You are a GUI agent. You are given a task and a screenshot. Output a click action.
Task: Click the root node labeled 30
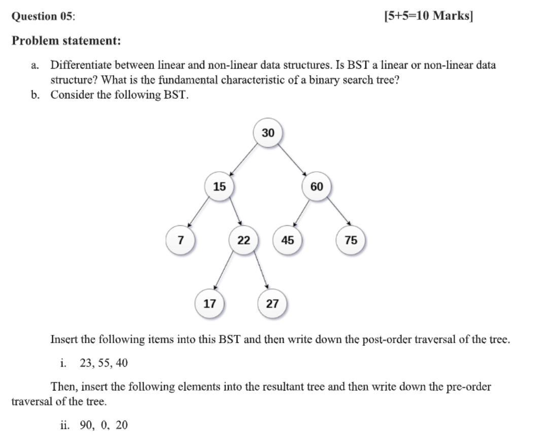tap(268, 133)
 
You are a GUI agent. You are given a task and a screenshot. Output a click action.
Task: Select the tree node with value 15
tap(219, 186)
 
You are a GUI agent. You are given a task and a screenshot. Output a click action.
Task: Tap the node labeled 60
tap(317, 186)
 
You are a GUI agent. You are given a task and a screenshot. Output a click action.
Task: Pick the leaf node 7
tap(180, 240)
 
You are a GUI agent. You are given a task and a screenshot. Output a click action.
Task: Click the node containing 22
tap(244, 240)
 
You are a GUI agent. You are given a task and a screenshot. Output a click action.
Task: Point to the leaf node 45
tap(288, 240)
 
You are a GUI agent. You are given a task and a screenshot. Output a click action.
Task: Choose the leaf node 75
tap(351, 240)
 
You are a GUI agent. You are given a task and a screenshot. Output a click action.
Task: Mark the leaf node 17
tap(210, 304)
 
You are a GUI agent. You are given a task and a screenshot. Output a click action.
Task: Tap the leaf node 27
tap(272, 304)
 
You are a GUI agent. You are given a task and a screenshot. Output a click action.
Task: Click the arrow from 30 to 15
tap(244, 160)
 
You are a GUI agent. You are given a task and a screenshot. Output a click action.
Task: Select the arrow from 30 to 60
tap(293, 160)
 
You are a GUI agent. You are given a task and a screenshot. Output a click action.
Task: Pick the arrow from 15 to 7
tap(198, 211)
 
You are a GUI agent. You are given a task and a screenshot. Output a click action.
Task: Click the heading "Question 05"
tap(43, 16)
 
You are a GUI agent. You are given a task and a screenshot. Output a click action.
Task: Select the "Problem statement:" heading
tap(66, 41)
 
